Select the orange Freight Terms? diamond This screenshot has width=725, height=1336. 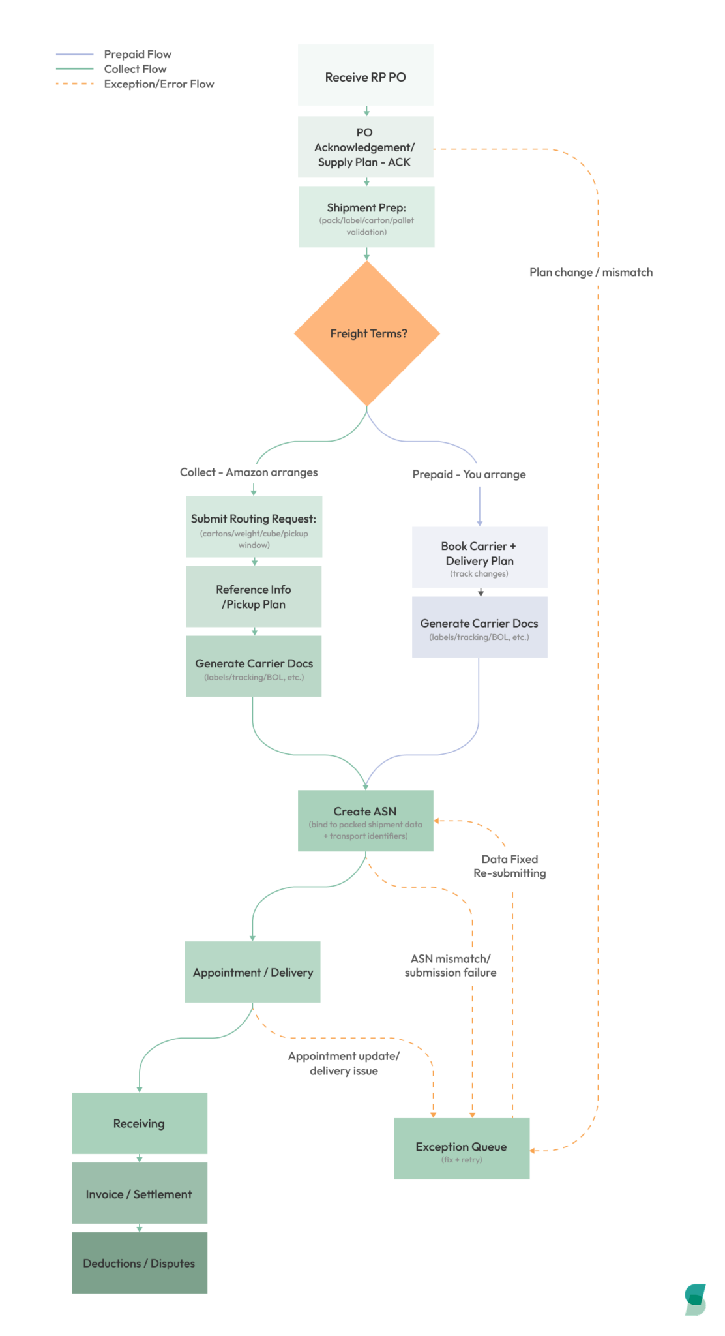(367, 333)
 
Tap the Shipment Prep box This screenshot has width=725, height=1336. (366, 217)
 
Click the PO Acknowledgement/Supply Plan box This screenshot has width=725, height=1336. (365, 147)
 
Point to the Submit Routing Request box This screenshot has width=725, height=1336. (254, 527)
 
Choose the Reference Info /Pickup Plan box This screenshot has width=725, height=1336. (254, 596)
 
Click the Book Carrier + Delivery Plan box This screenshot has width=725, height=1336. (479, 558)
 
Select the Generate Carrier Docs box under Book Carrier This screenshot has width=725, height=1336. (479, 628)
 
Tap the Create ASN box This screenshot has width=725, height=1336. (365, 821)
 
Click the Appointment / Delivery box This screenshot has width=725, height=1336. (253, 972)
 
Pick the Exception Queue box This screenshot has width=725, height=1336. (462, 1149)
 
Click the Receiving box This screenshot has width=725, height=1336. (139, 1123)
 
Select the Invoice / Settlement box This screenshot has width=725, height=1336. (139, 1194)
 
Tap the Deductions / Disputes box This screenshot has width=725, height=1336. (139, 1263)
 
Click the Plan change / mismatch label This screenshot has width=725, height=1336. (591, 273)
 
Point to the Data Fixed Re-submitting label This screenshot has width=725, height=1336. (510, 866)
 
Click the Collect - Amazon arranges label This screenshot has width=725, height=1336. (248, 472)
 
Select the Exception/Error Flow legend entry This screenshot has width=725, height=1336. (158, 84)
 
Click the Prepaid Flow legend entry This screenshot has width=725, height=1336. (137, 55)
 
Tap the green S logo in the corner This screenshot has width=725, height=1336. (695, 1299)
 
